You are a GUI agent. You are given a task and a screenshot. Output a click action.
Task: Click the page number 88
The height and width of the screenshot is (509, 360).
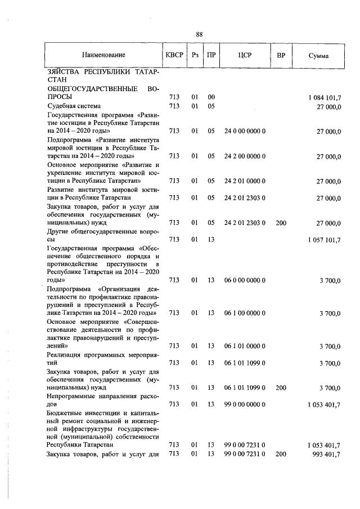tap(199, 34)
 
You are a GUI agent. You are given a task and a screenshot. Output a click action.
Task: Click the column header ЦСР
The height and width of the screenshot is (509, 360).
tap(245, 55)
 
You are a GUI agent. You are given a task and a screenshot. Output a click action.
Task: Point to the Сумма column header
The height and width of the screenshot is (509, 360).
tap(319, 56)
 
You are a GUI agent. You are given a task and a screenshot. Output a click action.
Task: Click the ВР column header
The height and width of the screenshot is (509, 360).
tap(281, 55)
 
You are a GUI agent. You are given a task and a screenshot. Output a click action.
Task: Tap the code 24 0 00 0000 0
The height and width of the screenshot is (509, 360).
tap(245, 131)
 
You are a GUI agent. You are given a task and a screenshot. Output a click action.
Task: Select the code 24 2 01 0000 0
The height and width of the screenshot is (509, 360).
tap(245, 181)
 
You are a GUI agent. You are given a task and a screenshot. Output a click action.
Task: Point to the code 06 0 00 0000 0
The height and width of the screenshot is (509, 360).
tap(245, 280)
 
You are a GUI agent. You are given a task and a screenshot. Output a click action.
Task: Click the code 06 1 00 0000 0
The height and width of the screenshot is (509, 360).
tap(245, 313)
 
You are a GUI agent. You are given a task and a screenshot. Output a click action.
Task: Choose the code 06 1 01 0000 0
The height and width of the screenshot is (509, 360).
tap(245, 346)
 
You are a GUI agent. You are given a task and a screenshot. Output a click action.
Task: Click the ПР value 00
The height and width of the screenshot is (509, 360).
tap(211, 97)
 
